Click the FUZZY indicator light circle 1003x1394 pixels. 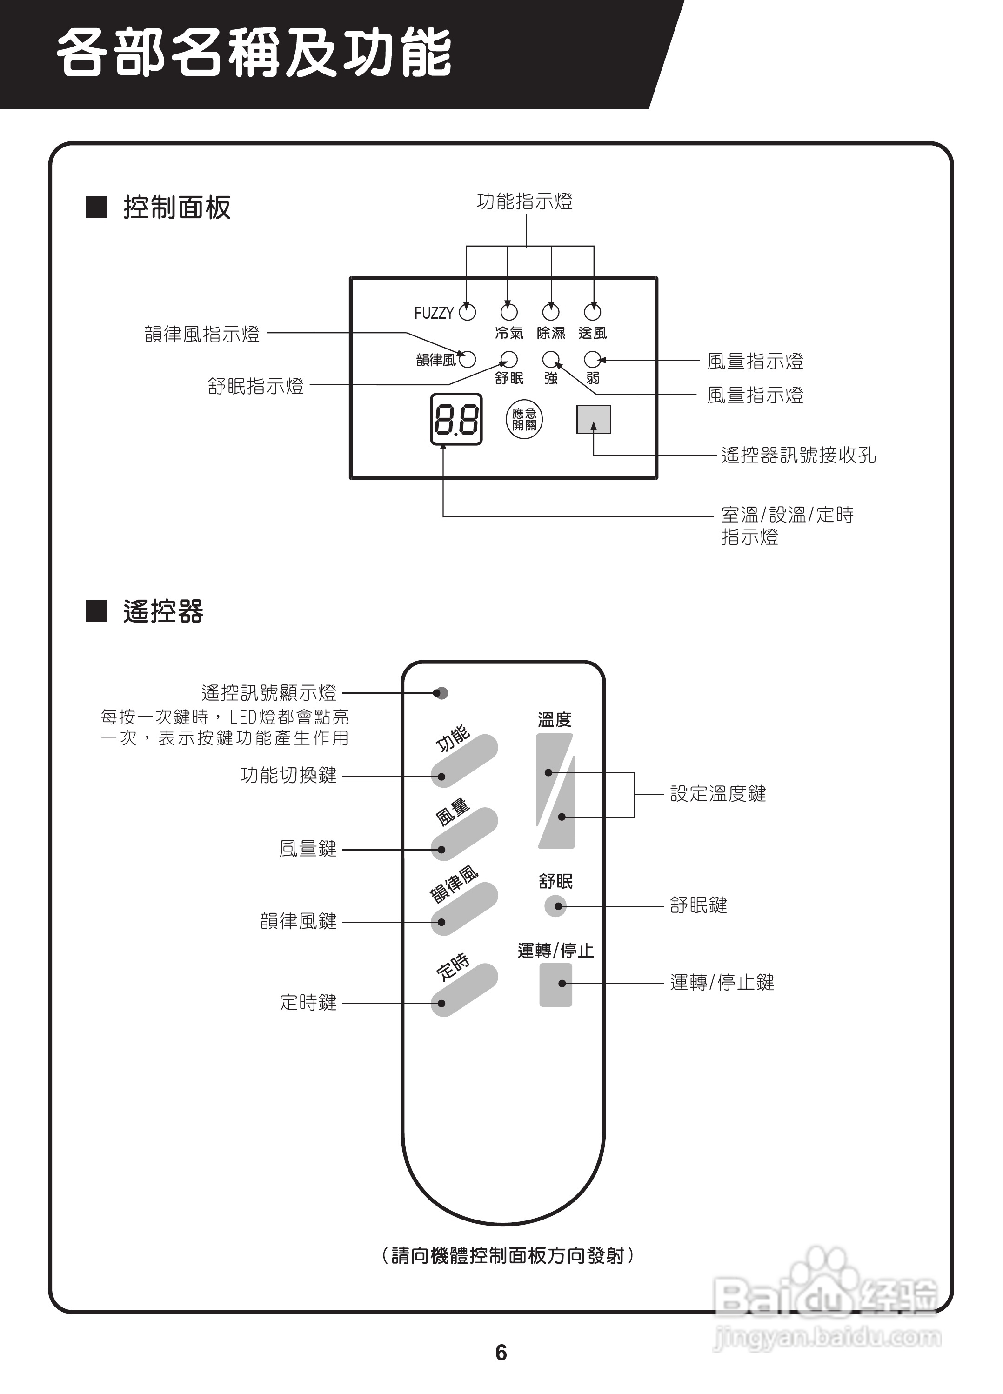click(468, 313)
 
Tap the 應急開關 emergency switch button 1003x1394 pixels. click(524, 420)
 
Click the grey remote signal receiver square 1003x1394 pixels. click(593, 419)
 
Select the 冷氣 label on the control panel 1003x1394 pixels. click(509, 333)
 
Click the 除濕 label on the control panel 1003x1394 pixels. click(551, 333)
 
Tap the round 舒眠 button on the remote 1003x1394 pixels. click(555, 906)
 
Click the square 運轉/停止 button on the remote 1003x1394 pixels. click(555, 985)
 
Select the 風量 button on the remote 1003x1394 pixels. click(464, 834)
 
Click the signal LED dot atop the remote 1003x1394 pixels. click(440, 693)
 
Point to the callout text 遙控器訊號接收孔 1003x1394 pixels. click(798, 456)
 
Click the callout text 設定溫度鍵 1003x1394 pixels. click(718, 793)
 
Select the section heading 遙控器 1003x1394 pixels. click(163, 611)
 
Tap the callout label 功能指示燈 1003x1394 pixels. click(525, 201)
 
